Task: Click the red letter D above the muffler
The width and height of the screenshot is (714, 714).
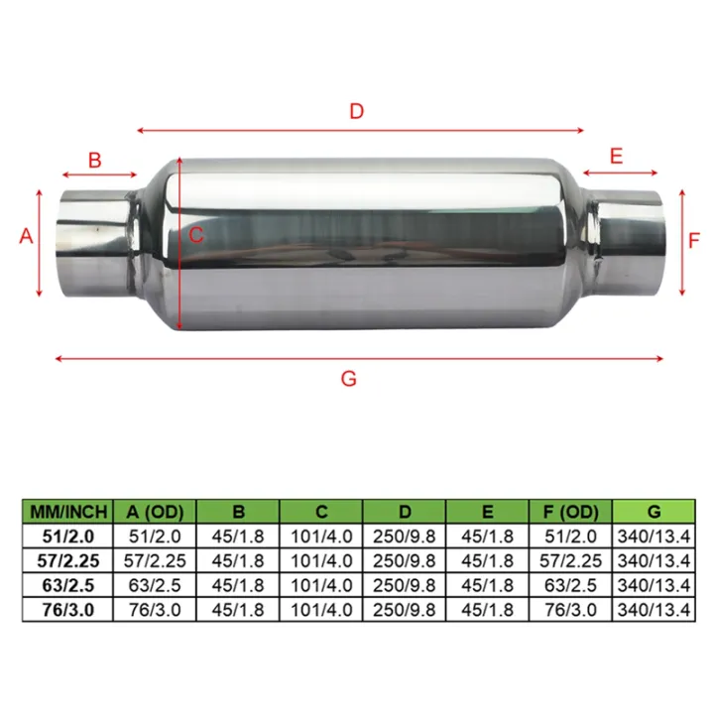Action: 356,111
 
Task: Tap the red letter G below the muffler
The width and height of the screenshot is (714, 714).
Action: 348,378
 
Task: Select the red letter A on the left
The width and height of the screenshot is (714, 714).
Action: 27,236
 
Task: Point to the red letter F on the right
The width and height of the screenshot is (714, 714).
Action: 694,240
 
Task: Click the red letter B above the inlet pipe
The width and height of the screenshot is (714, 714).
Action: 95,160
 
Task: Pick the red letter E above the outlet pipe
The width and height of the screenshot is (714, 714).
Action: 616,156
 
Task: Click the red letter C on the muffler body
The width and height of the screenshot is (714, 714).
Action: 196,235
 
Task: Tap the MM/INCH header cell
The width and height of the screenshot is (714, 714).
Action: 67,512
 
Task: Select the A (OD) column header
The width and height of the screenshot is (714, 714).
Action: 154,512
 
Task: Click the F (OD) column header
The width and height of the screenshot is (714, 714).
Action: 570,512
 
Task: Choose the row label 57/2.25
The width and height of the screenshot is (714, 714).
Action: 67,560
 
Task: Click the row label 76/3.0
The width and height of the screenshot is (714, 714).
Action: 67,608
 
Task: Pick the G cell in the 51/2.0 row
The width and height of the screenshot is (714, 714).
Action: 653,536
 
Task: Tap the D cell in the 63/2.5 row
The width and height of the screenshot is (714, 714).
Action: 404,584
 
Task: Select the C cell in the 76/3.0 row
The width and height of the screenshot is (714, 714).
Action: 320,608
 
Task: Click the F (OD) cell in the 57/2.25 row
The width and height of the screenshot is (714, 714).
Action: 570,560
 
